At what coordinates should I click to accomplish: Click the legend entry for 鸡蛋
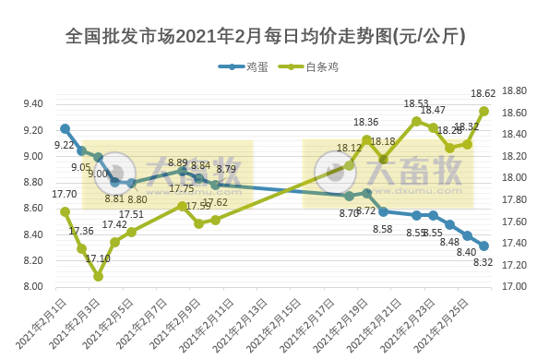coord(247,66)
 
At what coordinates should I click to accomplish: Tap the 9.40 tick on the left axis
coord(32,104)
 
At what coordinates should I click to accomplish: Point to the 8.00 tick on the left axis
coord(32,286)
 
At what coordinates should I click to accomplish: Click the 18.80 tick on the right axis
coord(512,90)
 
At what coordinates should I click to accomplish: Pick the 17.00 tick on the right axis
coord(512,286)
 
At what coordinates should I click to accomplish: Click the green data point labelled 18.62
coord(484,111)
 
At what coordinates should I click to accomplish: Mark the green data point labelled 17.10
coord(98,276)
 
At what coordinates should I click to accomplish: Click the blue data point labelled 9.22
coord(65,128)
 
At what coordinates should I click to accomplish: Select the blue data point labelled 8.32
coord(484,246)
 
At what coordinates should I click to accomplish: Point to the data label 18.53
coord(416,104)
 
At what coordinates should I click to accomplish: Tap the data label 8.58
coord(382,228)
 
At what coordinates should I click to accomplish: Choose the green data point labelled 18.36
coord(367,139)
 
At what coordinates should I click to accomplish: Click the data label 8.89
coord(178,162)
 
